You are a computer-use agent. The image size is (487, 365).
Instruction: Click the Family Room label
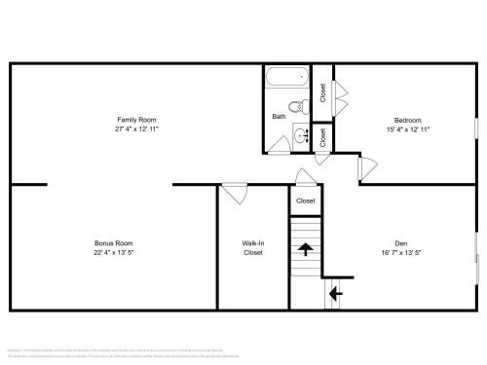tap(136, 119)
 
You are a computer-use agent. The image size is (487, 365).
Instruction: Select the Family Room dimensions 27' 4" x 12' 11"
tap(136, 128)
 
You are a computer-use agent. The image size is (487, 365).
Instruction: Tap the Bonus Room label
tap(114, 242)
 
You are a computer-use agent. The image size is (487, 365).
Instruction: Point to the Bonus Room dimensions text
tap(114, 252)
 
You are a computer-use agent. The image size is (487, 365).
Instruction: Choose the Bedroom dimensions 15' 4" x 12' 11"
tap(408, 128)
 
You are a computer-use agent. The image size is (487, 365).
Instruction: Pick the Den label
tap(401, 242)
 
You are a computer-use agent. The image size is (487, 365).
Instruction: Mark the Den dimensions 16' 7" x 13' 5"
tap(401, 252)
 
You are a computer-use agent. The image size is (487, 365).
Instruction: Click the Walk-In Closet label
tap(253, 247)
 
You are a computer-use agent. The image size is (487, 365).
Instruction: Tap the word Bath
tap(279, 117)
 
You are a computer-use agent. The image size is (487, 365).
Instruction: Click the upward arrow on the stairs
tap(305, 249)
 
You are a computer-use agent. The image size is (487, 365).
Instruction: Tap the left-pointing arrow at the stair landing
tap(337, 291)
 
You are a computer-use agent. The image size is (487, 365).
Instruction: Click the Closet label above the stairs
tap(306, 201)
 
